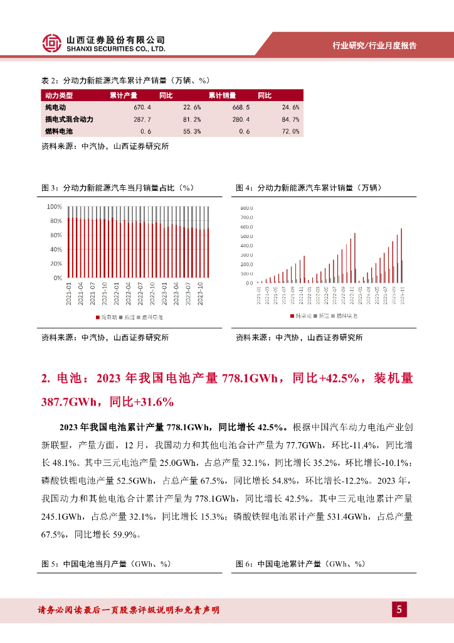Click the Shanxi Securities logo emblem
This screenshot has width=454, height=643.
(52, 43)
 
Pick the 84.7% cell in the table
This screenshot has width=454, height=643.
(291, 119)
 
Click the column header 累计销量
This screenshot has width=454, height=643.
(222, 95)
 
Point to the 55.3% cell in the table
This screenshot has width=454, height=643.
(192, 131)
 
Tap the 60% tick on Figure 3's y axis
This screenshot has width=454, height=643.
(55, 235)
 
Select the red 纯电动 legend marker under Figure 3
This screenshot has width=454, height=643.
(98, 317)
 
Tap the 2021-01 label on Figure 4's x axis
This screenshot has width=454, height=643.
(258, 297)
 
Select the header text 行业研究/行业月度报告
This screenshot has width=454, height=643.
(374, 46)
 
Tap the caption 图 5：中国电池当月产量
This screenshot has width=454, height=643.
(95, 564)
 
